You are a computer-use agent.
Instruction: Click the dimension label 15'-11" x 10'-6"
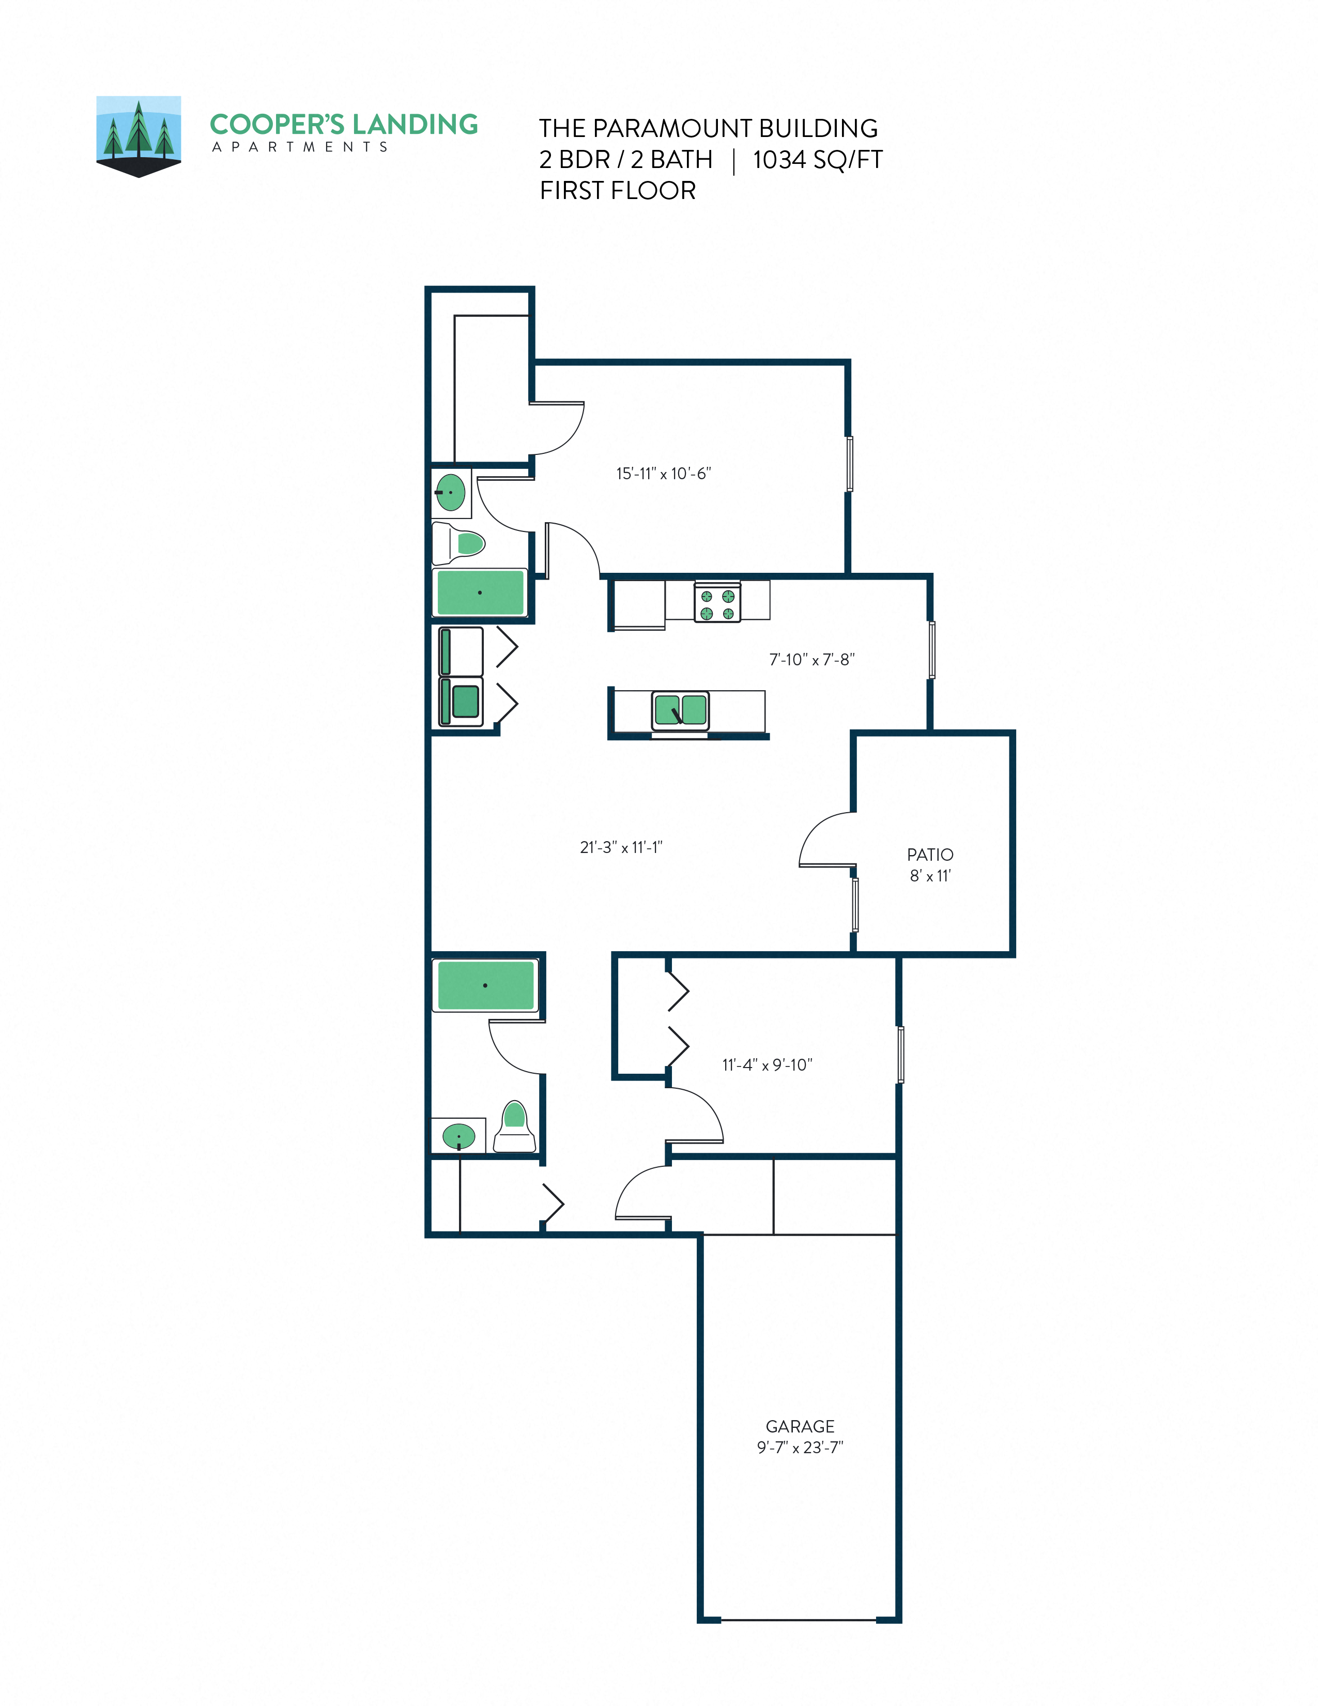coord(663,474)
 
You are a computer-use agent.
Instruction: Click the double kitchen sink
coord(680,711)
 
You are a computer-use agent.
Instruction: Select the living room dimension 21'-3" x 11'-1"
coord(621,847)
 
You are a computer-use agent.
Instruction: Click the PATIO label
coord(929,855)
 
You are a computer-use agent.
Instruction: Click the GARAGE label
coord(800,1426)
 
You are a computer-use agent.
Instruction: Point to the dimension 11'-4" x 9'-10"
coord(767,1064)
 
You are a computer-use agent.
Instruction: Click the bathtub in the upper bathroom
coord(480,592)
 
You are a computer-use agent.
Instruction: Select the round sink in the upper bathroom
coord(451,492)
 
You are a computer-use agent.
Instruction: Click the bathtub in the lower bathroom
coord(485,985)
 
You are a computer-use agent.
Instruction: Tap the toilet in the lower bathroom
coord(515,1125)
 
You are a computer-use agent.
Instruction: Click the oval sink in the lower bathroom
coord(458,1136)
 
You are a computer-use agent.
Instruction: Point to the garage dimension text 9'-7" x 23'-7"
coord(800,1448)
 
